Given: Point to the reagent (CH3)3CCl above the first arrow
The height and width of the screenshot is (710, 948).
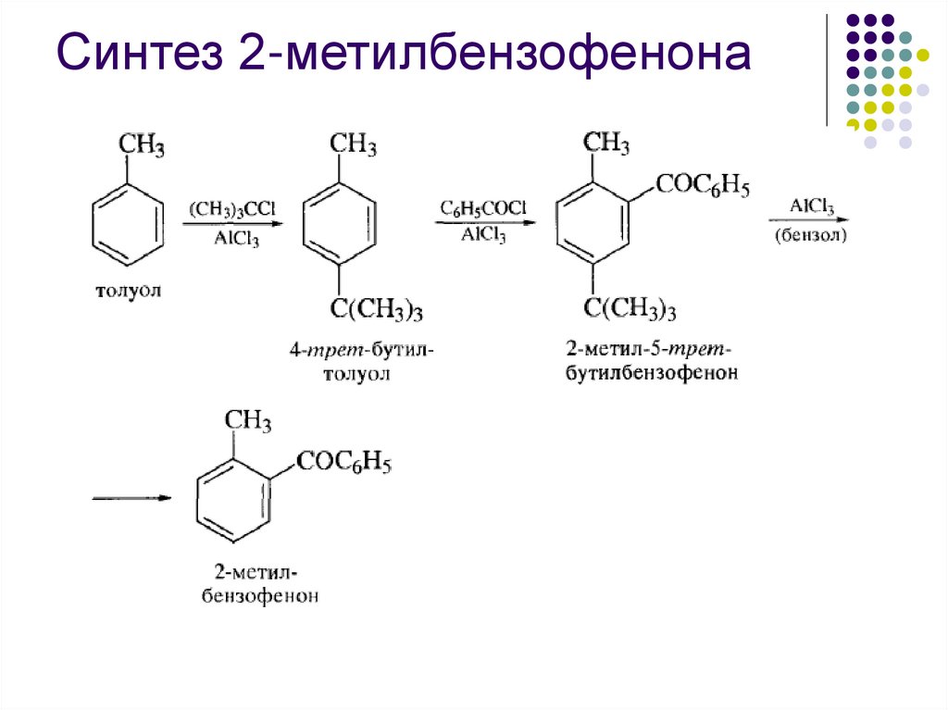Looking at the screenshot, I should (232, 208).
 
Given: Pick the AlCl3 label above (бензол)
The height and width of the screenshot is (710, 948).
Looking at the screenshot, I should (812, 206).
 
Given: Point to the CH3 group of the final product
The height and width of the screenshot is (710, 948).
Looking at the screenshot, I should (247, 423).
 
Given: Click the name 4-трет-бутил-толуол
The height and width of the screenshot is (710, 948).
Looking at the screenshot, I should (360, 363).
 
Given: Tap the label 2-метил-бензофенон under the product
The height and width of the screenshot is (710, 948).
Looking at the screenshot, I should (260, 585).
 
